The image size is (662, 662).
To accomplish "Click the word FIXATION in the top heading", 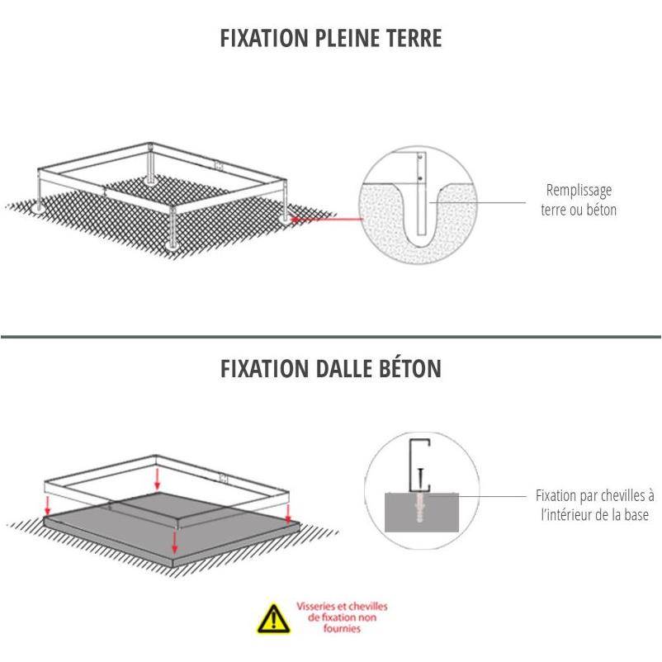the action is pyautogui.click(x=264, y=38).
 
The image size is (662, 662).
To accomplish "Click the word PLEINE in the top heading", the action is pyautogui.click(x=347, y=38).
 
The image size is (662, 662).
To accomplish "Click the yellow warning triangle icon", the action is pyautogui.click(x=274, y=618).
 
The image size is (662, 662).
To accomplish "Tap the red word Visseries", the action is pyautogui.click(x=317, y=606).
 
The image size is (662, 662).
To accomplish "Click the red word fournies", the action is pyautogui.click(x=342, y=629).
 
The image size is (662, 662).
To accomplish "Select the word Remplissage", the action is pyautogui.click(x=579, y=191).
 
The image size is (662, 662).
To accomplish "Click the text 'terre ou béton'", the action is pyautogui.click(x=579, y=210).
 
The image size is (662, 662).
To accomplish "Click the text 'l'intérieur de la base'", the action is pyautogui.click(x=595, y=515).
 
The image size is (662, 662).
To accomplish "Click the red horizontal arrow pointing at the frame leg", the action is pyautogui.click(x=327, y=219).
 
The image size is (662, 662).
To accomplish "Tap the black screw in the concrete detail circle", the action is pyautogui.click(x=420, y=480).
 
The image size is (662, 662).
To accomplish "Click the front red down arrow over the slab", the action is pyautogui.click(x=174, y=542).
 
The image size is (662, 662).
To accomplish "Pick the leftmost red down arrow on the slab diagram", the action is pyautogui.click(x=48, y=506).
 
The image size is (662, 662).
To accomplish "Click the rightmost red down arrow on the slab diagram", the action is pyautogui.click(x=288, y=513).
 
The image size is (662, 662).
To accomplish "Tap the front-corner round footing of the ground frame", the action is pyautogui.click(x=172, y=245).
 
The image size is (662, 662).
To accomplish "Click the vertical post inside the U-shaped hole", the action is pyautogui.click(x=421, y=193).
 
